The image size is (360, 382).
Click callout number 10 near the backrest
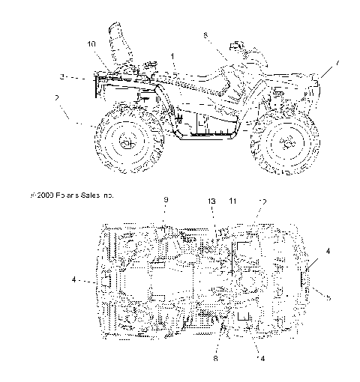coord(91,45)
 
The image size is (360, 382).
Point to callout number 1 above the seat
coord(172,57)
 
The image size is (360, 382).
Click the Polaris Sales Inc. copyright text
coord(72,195)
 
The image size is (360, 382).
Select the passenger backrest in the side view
coord(118,45)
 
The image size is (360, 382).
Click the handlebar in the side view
coord(238,46)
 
